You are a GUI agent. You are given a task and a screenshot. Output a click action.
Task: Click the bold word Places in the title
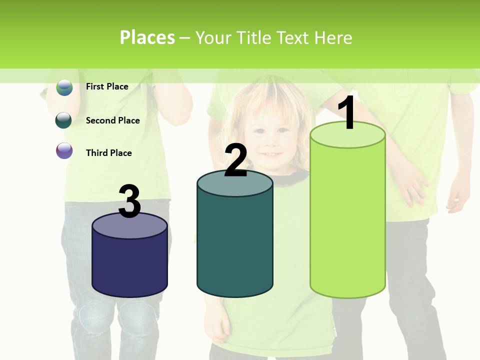(147, 37)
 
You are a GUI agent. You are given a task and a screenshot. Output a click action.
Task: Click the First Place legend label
(107, 86)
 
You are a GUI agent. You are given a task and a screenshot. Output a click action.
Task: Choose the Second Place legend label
(112, 120)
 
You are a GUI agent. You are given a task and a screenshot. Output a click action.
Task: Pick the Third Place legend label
(108, 153)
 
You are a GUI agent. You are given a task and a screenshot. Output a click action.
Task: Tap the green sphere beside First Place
(64, 87)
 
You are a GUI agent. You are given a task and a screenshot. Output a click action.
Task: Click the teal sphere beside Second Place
(64, 120)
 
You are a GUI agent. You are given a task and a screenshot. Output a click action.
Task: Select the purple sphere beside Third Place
(64, 151)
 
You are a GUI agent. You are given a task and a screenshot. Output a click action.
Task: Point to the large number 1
(346, 114)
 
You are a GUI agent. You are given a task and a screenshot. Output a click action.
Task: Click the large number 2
(235, 161)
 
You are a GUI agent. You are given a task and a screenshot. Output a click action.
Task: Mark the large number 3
(129, 201)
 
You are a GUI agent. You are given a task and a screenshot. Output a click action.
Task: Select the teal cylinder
(235, 240)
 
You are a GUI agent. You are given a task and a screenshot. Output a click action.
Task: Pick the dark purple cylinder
(129, 262)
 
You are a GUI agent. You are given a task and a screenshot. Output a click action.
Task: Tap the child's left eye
(283, 130)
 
